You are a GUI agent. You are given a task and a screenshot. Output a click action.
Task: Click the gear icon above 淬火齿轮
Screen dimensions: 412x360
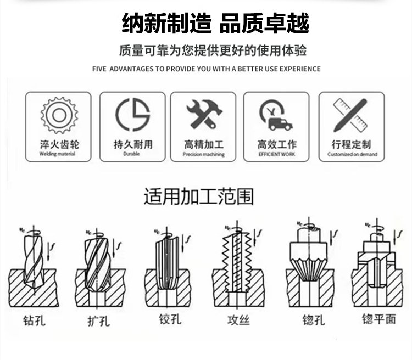coord(59,115)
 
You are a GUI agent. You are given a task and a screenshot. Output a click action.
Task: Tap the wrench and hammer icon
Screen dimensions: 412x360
coord(204,114)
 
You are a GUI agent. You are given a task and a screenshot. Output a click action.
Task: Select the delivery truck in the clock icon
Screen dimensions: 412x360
coord(280,124)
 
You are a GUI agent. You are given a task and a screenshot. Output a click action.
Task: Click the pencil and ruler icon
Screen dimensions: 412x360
coord(350,115)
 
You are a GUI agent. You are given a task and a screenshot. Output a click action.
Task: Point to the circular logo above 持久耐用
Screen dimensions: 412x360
coord(133,115)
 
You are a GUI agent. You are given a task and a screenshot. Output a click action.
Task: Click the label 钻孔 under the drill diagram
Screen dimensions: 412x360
coord(34,320)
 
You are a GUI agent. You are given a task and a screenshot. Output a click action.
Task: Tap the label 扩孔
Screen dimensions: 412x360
coord(98,321)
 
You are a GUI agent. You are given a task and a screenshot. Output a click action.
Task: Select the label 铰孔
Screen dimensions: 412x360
coord(170,319)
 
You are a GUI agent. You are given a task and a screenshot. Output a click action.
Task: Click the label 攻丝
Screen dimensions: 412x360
coord(238,320)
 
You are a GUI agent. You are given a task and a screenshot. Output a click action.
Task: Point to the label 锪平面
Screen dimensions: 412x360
coord(379,319)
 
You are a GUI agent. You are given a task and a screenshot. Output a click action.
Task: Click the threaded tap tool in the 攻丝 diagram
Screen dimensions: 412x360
coord(237,262)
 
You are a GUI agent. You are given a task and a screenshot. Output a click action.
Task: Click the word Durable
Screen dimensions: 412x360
coord(131,154)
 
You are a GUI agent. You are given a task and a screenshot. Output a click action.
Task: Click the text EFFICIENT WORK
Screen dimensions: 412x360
coord(277,154)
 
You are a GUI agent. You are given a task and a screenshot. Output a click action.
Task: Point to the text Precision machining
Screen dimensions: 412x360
coord(204,154)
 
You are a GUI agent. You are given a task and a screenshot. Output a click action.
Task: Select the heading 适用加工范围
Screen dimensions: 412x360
coord(199,196)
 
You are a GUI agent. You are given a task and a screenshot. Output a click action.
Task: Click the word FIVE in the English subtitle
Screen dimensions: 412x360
coord(99,69)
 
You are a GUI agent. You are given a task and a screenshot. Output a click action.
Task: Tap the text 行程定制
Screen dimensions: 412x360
coord(351,144)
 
